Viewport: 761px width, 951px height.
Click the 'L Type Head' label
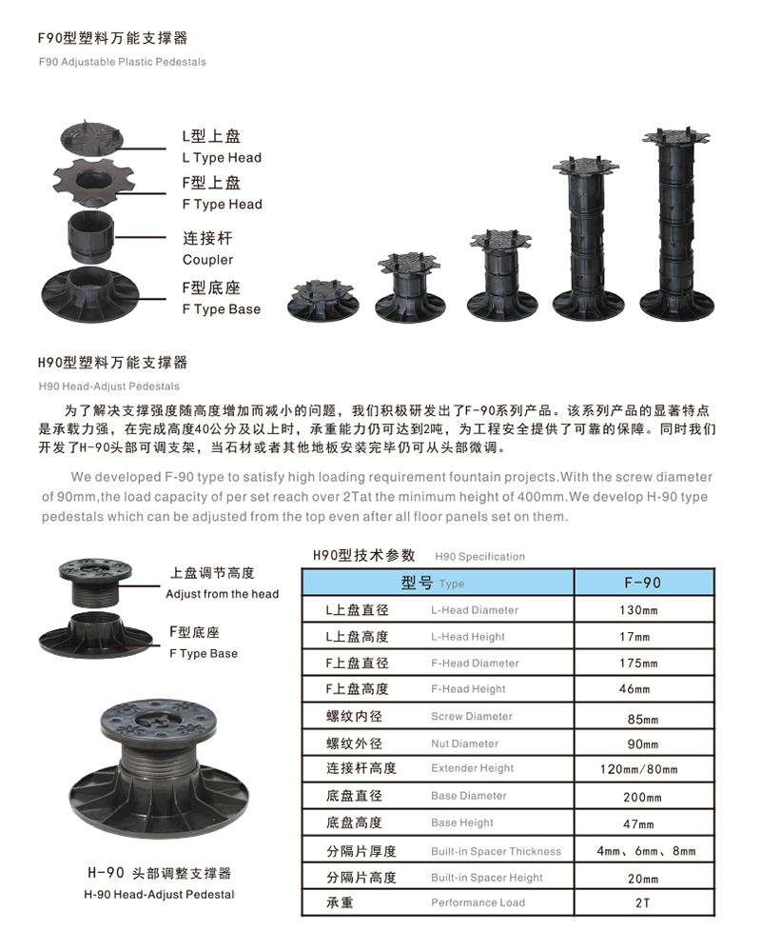click(222, 158)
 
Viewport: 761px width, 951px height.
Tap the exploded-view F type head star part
click(94, 183)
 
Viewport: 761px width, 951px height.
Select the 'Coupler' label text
click(207, 260)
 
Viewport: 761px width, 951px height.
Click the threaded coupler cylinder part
click(89, 235)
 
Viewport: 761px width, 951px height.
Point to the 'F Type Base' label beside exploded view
click(221, 309)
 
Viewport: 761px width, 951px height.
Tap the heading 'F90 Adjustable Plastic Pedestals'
click(123, 62)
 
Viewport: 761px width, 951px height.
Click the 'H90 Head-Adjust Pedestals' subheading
click(109, 386)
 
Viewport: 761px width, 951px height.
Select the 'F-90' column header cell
click(643, 583)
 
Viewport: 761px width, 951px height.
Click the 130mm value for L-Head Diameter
click(638, 610)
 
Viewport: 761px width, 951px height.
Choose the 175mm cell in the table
click(638, 664)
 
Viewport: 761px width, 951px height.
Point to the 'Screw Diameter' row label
click(472, 716)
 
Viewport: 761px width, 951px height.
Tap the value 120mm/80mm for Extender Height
click(639, 769)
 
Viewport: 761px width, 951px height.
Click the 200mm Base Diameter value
click(642, 797)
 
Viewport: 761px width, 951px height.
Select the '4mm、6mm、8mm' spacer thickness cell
click(646, 851)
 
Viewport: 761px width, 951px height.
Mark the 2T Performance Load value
click(642, 903)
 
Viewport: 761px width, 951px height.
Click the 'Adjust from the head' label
click(223, 594)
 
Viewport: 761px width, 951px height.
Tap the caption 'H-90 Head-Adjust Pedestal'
click(159, 895)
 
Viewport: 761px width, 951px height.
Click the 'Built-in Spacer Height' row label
click(486, 878)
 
